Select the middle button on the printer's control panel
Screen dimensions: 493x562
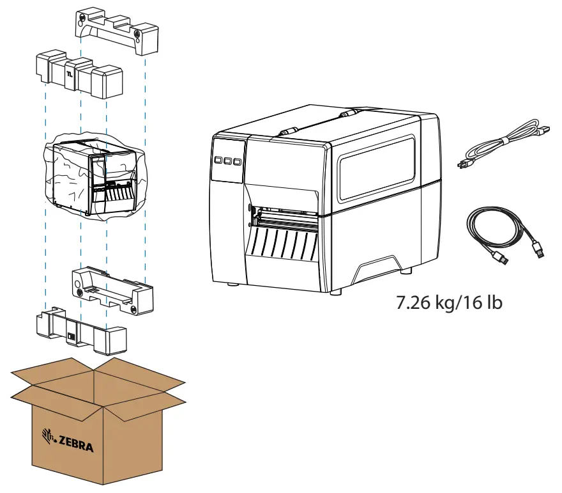point(228,161)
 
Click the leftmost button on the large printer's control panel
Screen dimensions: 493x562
point(218,160)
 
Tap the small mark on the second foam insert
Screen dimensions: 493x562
point(70,76)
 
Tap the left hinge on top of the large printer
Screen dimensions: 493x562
point(287,130)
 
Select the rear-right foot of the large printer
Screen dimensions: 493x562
point(404,270)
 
